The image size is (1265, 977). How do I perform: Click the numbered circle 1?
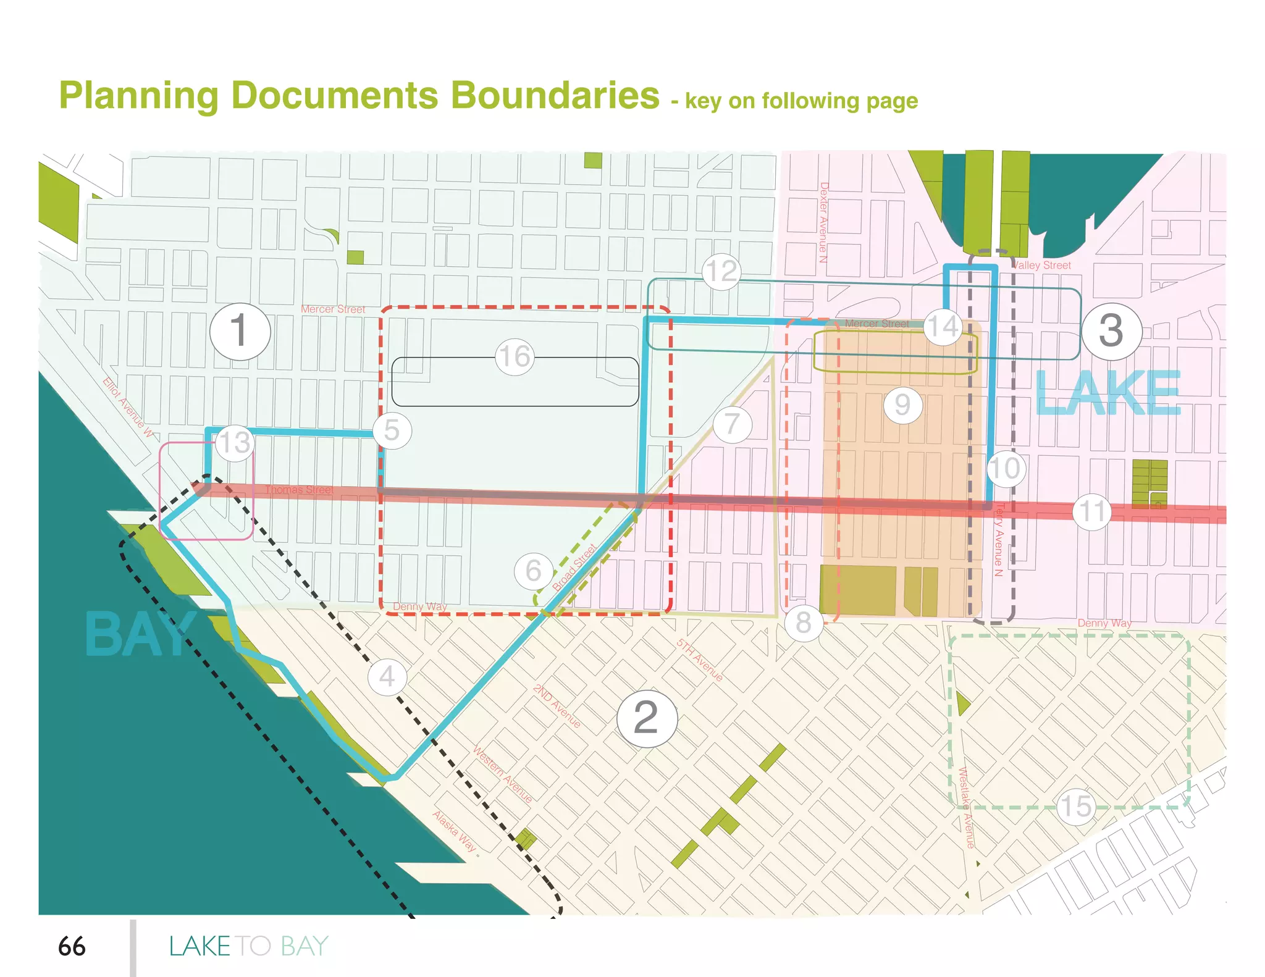240,332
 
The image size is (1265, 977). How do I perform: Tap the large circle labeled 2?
647,718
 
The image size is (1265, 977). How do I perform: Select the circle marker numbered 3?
1111,331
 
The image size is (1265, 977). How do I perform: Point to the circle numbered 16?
515,356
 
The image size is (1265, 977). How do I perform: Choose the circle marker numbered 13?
235,443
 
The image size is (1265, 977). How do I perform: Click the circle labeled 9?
902,405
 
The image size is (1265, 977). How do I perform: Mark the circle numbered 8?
803,623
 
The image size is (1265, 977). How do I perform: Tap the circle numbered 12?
721,271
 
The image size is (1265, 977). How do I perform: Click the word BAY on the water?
139,634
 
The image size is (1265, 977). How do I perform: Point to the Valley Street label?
1041,266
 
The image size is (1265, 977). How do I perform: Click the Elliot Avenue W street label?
128,407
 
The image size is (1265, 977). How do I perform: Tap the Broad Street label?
574,567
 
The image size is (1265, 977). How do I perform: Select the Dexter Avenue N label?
823,222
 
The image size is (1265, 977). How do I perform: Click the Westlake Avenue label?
965,807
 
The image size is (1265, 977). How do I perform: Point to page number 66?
72,946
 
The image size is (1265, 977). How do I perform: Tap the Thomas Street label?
299,490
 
